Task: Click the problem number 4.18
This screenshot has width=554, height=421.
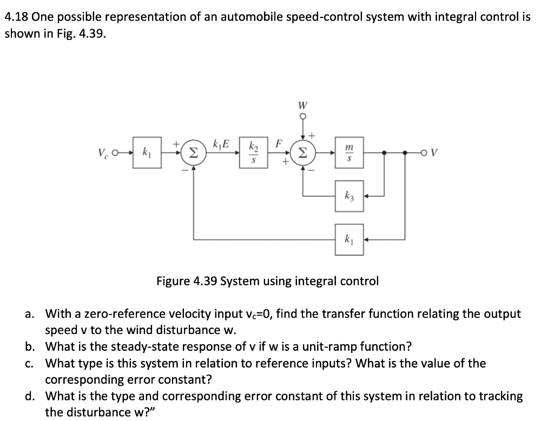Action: (16, 17)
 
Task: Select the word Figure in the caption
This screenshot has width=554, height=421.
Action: (174, 281)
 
